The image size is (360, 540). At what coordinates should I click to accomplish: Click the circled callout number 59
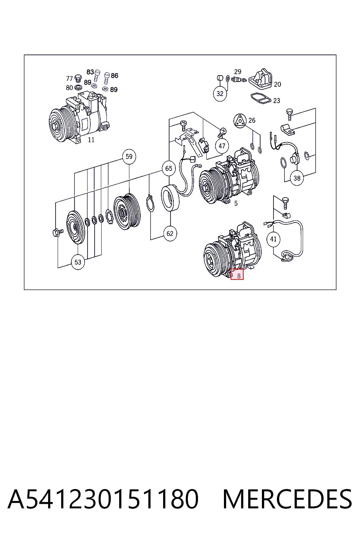point(129,157)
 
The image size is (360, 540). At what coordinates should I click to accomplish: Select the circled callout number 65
point(169,168)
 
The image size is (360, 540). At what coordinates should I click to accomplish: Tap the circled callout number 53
point(78,262)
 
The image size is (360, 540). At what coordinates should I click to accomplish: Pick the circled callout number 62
point(170,233)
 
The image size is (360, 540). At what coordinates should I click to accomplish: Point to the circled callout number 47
point(222,146)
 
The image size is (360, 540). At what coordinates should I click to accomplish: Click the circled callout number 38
point(297,178)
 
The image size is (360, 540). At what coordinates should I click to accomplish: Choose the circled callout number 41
point(273,239)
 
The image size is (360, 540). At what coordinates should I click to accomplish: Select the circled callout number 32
point(220,94)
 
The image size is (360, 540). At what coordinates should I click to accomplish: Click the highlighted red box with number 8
point(237,275)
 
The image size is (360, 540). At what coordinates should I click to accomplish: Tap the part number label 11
point(91,140)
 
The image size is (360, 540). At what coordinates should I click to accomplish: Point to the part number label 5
point(236,204)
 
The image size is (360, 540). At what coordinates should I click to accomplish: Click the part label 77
point(70,79)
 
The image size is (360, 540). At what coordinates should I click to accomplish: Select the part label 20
point(277,84)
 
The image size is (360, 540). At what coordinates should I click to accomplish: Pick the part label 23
point(277,101)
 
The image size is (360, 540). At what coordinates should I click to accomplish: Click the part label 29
point(238,72)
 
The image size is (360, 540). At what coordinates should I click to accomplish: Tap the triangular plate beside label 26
point(240,121)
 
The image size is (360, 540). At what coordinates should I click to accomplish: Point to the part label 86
point(115,76)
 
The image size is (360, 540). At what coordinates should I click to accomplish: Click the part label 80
point(70,88)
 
